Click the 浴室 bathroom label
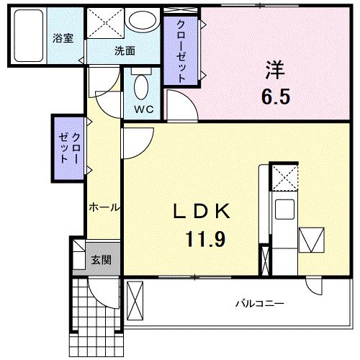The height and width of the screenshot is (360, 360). click(x=62, y=37)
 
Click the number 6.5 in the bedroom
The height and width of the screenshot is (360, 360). click(x=276, y=97)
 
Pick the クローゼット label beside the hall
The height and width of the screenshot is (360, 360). click(x=70, y=148)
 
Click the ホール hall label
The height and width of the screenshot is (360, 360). click(x=103, y=207)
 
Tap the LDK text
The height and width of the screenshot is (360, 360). click(x=201, y=211)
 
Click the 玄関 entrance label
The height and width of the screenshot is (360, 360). click(x=100, y=258)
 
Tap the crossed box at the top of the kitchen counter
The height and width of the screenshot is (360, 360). click(x=284, y=177)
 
